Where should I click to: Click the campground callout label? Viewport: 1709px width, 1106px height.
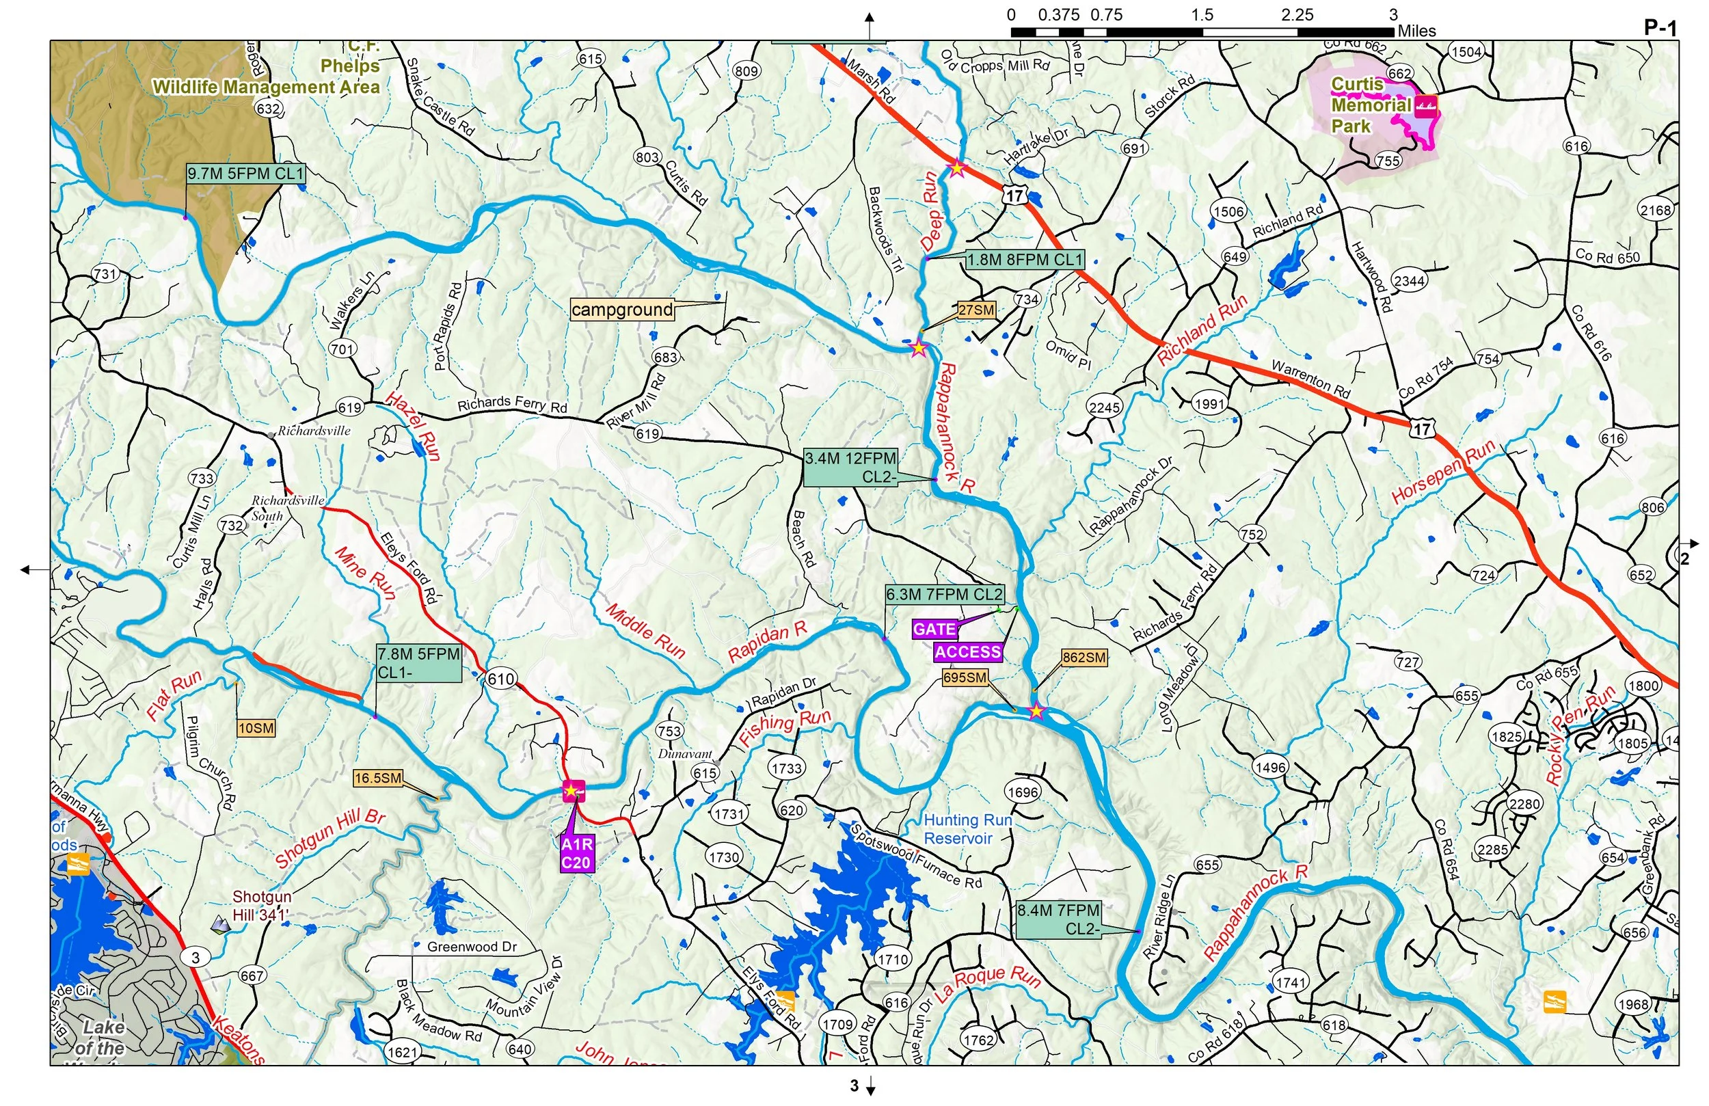coord(622,310)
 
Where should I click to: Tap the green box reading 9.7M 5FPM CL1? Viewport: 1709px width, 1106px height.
coord(245,174)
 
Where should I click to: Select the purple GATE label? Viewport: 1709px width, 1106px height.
coord(934,630)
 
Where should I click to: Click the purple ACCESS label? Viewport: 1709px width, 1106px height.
coord(967,652)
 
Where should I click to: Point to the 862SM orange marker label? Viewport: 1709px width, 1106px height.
coord(1084,657)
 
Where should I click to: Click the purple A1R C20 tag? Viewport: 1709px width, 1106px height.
coord(576,854)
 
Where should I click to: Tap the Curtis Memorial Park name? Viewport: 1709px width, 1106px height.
coord(1370,105)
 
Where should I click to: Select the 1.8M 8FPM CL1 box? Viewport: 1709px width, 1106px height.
coord(1024,260)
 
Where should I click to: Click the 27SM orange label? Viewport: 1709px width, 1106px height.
coord(976,310)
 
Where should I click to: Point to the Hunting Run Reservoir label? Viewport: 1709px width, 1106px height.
coord(967,828)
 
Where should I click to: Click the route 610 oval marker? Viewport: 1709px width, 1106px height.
coord(500,679)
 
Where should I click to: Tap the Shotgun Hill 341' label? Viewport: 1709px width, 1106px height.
coord(261,906)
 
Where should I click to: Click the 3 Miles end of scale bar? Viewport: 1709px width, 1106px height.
coord(1393,31)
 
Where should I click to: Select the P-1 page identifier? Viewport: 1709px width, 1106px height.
coord(1660,28)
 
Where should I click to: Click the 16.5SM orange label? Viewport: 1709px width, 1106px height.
coord(378,778)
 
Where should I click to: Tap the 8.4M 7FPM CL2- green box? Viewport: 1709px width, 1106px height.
coord(1058,919)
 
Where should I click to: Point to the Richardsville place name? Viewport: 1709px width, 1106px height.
coord(314,431)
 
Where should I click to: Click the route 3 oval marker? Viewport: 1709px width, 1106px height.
coord(196,958)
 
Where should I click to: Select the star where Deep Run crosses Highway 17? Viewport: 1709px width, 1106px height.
coord(957,168)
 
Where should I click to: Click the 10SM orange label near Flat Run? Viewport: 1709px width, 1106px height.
coord(256,728)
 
